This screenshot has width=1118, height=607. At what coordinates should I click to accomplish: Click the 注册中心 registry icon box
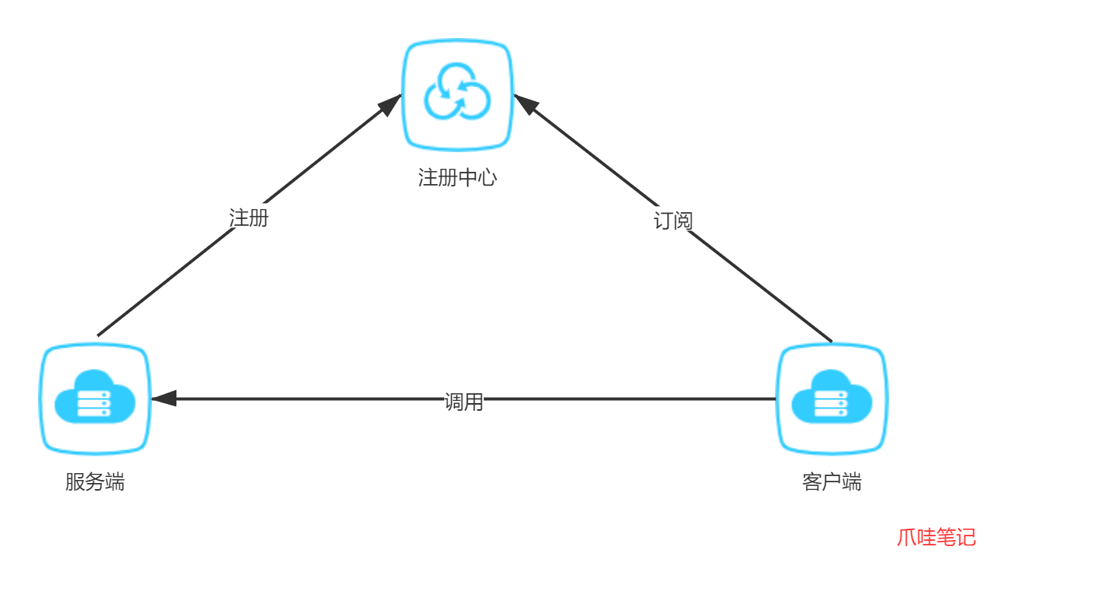click(x=458, y=94)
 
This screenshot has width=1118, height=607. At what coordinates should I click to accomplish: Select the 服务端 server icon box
click(x=95, y=399)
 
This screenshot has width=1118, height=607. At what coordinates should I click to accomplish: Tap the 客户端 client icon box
click(x=832, y=399)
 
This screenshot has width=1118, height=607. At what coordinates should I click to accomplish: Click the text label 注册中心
click(x=458, y=178)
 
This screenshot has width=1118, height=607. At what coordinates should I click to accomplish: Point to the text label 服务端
click(x=95, y=482)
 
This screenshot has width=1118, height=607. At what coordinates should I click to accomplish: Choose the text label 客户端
click(x=832, y=482)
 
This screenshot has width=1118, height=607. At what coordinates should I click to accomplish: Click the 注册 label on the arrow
click(x=249, y=217)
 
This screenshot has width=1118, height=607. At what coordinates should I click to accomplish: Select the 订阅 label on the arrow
click(x=673, y=220)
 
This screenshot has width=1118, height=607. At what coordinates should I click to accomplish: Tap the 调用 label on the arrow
click(x=464, y=399)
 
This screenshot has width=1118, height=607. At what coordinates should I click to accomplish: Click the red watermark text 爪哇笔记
click(x=936, y=538)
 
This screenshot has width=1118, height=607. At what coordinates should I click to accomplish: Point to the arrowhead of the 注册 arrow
click(x=391, y=103)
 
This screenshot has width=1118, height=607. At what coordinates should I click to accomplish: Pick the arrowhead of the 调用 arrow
click(x=164, y=399)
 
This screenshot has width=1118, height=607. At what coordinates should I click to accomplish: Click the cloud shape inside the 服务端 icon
click(x=95, y=396)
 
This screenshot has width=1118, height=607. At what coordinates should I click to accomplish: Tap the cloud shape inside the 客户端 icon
click(x=832, y=396)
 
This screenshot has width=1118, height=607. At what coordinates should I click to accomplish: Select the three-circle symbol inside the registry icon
click(x=458, y=92)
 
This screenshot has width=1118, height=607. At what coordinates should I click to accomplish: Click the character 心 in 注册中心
click(x=488, y=178)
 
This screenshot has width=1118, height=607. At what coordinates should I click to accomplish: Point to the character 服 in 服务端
click(x=75, y=482)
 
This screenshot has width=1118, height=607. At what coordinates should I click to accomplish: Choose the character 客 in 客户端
click(x=812, y=482)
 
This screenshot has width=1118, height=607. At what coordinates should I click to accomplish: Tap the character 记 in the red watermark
click(x=966, y=538)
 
